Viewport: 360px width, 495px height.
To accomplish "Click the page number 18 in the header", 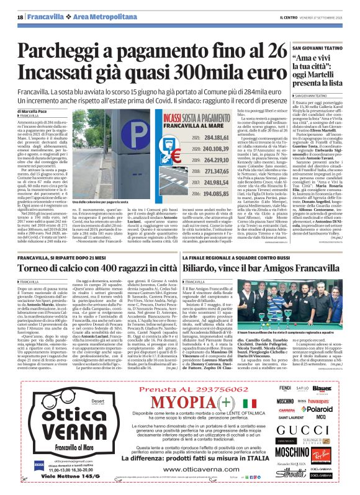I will pyautogui.click(x=20, y=17).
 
